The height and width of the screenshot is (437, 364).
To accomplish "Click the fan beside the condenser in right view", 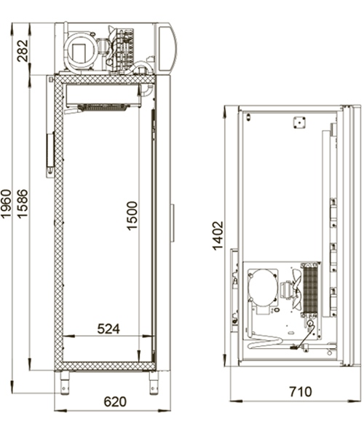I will click(291, 291).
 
